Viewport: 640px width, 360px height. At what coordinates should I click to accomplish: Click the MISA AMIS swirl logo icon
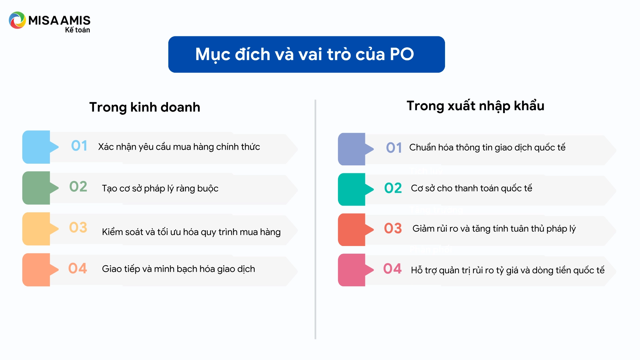click(17, 20)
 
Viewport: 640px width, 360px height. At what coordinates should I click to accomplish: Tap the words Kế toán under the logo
click(77, 30)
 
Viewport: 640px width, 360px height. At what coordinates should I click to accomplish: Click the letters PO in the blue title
click(402, 54)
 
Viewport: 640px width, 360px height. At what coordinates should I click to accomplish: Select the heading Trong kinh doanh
click(145, 107)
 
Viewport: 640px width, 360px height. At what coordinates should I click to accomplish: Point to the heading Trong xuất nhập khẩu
click(475, 106)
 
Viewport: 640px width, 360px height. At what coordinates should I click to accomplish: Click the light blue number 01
click(79, 146)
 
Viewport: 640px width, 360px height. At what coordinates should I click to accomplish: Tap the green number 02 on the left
click(78, 187)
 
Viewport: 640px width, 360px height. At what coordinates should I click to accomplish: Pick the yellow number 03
click(78, 228)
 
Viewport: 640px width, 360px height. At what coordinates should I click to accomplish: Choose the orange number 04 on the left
click(78, 268)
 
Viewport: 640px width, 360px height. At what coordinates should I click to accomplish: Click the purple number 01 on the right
click(394, 148)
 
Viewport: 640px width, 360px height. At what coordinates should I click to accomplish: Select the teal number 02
click(393, 188)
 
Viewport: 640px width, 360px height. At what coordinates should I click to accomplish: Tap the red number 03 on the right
click(393, 228)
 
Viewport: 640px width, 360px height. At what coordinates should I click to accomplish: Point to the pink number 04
click(392, 269)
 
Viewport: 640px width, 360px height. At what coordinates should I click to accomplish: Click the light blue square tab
click(36, 147)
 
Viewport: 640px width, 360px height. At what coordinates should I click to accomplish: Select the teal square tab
click(352, 189)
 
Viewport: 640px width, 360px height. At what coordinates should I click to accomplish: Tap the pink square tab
click(352, 270)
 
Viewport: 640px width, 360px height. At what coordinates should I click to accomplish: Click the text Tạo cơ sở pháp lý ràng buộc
click(160, 188)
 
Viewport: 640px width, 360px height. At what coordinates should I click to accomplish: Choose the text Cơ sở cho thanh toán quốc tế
click(471, 188)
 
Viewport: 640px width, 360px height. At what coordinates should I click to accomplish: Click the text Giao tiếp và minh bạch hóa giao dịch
click(178, 269)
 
